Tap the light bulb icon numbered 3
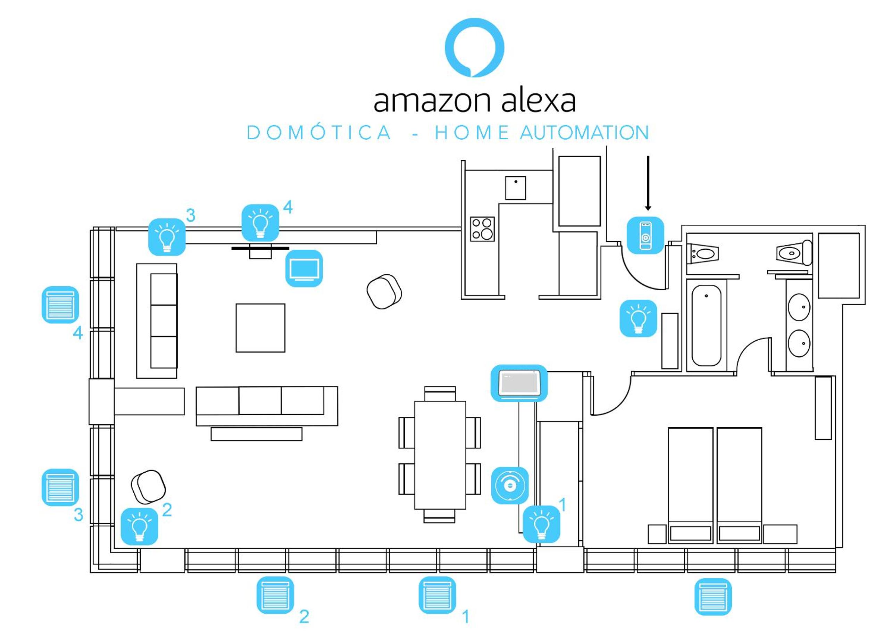(x=167, y=236)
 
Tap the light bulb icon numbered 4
(x=260, y=223)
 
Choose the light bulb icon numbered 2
(x=140, y=526)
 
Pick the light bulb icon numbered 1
(x=542, y=524)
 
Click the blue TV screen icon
(x=304, y=268)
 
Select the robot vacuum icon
(x=510, y=485)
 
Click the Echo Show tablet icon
(x=519, y=383)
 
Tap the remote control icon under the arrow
(x=645, y=235)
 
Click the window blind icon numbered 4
(x=60, y=305)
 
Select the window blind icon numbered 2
(x=275, y=595)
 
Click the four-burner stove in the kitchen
(x=483, y=229)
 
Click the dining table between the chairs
(x=440, y=455)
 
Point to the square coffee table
(x=260, y=328)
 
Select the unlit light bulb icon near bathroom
(x=638, y=318)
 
